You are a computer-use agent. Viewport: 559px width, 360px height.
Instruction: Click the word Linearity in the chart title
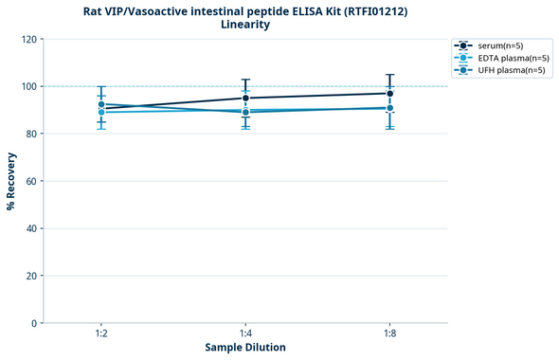click(245, 25)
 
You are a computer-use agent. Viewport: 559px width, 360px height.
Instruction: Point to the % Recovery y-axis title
click(11, 181)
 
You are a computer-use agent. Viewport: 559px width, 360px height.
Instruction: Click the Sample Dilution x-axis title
click(245, 348)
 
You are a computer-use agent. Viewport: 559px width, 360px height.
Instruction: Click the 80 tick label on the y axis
click(32, 134)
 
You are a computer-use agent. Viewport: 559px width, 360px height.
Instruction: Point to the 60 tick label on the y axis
click(32, 181)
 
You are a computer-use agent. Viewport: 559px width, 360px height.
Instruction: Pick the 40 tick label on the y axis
click(32, 228)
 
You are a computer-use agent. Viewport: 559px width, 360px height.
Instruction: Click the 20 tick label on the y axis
click(32, 276)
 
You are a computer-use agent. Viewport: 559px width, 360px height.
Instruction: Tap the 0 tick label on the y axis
click(35, 323)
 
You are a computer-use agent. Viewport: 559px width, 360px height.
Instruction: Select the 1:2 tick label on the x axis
click(101, 333)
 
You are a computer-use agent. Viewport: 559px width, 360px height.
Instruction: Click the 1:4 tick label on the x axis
click(245, 333)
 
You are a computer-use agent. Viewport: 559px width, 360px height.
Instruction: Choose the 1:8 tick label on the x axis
click(389, 333)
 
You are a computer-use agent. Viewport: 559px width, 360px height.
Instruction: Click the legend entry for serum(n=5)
click(498, 45)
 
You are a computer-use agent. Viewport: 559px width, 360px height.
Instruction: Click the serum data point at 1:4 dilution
click(245, 98)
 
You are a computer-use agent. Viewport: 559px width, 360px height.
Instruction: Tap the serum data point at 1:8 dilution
click(389, 93)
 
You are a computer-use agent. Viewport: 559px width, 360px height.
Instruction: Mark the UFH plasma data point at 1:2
click(101, 104)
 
